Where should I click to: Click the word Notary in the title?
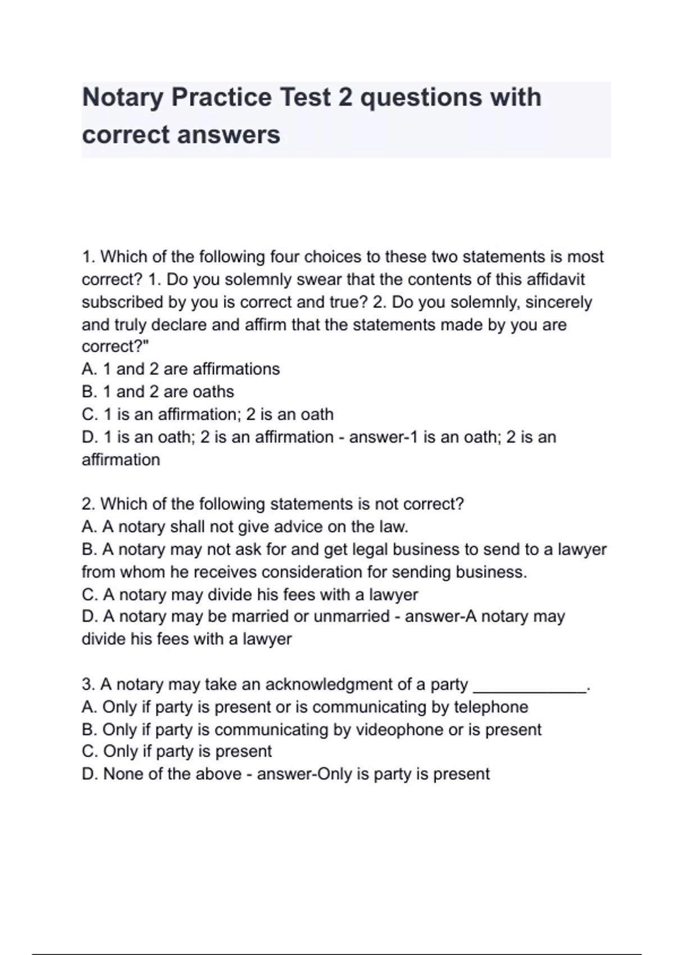(x=121, y=97)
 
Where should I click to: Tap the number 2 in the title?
(x=344, y=97)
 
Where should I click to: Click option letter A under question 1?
(x=89, y=369)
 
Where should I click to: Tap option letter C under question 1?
(x=89, y=415)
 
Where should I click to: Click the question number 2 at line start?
(x=87, y=504)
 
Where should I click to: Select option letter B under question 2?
(x=89, y=549)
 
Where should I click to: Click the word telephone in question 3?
(x=490, y=707)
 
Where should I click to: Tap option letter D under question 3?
(x=89, y=774)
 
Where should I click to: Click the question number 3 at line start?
(x=87, y=684)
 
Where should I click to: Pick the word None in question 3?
(x=122, y=774)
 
